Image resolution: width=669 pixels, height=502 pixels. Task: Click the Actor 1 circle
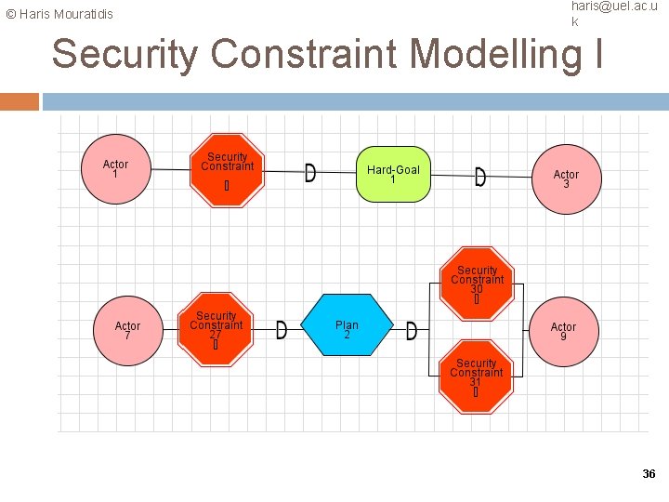tap(115, 169)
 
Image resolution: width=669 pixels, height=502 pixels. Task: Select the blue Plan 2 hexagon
tap(347, 326)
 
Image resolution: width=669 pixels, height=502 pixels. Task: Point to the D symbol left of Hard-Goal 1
tap(309, 174)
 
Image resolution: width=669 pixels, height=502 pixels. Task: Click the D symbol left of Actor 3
tap(479, 177)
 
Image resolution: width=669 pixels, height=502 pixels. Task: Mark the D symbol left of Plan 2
tap(282, 331)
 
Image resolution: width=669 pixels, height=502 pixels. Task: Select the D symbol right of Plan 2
tap(412, 331)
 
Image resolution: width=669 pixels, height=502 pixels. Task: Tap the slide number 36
tap(649, 474)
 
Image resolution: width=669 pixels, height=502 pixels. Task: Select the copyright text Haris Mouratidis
tap(59, 14)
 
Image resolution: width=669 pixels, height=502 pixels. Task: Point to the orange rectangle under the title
tap(20, 101)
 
